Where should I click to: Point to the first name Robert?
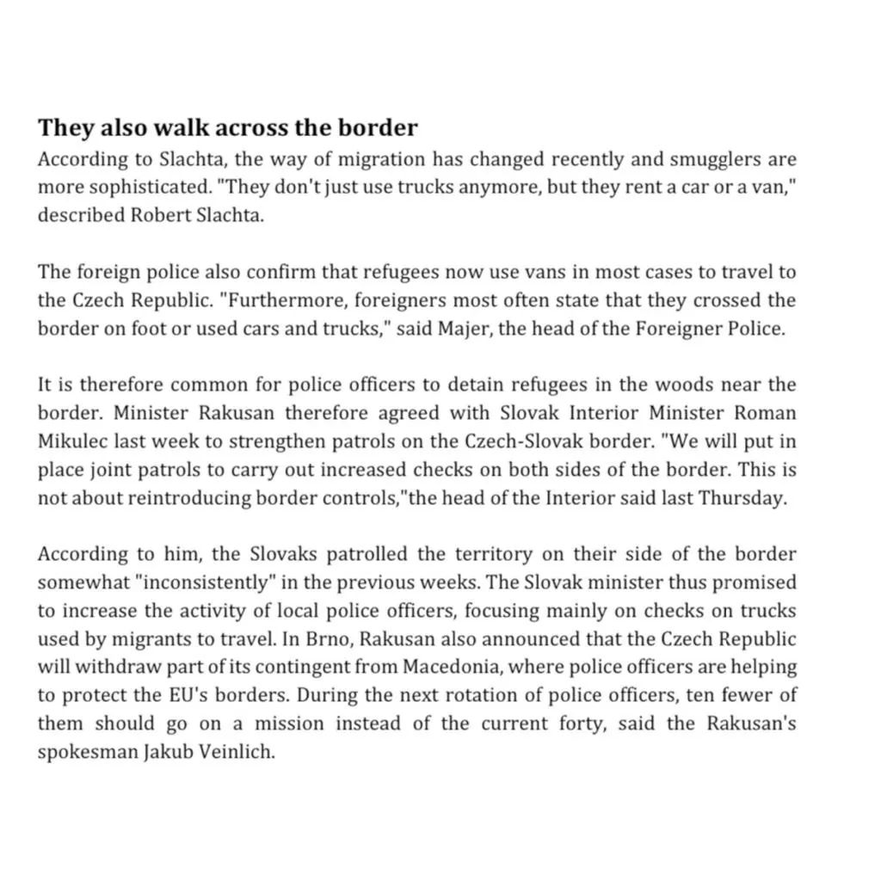pos(163,216)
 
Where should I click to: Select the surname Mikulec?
pos(70,441)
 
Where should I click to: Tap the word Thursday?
pos(746,498)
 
